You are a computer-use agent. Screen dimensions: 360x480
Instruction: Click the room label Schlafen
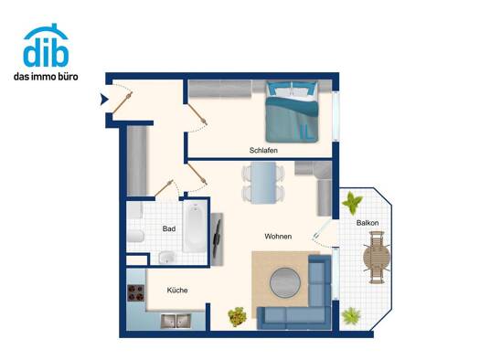tap(263, 150)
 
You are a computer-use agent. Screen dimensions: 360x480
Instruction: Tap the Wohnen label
tap(278, 237)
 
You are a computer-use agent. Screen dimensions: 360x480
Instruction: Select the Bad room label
tap(169, 229)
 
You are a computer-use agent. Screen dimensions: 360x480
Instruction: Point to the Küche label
tap(177, 291)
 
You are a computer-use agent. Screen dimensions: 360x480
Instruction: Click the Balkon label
tap(368, 223)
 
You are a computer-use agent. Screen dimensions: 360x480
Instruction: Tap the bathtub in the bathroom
tap(195, 228)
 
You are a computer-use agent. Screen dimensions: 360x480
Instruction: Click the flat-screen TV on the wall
tap(218, 238)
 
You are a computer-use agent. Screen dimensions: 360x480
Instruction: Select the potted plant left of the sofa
tap(238, 316)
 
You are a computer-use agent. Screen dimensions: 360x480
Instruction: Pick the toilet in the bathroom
tap(135, 236)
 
